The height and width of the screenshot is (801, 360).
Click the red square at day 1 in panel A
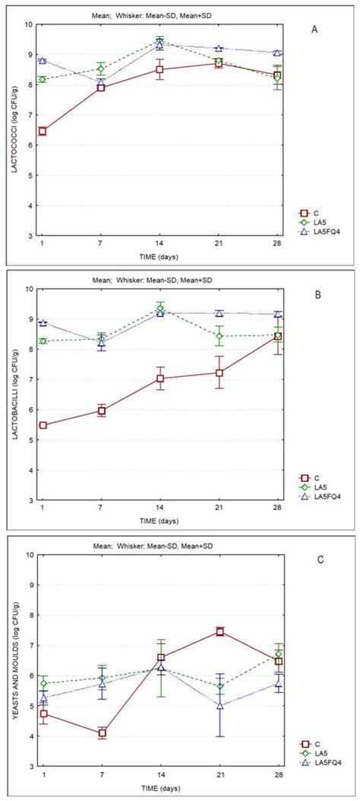click(x=43, y=131)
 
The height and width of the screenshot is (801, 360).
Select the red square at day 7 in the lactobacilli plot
click(x=101, y=411)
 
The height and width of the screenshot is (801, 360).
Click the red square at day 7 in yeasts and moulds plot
click(x=101, y=733)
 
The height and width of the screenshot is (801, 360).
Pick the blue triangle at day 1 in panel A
click(x=43, y=60)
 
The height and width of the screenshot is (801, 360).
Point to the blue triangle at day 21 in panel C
click(x=219, y=705)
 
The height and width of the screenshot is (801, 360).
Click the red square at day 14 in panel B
click(x=160, y=378)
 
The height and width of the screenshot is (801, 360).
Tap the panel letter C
click(x=321, y=561)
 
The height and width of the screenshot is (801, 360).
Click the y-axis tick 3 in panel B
click(x=29, y=500)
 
